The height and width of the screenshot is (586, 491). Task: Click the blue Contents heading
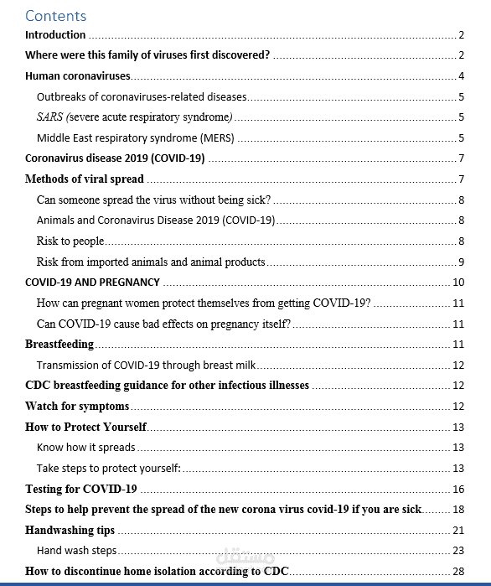pos(55,15)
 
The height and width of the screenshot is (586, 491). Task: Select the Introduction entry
pos(55,35)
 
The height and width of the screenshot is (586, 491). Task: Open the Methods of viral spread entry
pos(85,179)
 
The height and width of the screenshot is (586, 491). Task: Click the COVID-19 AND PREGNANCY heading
pos(92,283)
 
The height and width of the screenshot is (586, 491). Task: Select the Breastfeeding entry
pos(59,345)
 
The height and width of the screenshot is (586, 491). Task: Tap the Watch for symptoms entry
pos(77,407)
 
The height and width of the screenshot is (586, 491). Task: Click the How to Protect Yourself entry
pos(86,427)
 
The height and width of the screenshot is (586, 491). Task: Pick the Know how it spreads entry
pos(86,448)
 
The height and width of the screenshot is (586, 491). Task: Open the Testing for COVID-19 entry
pos(81,489)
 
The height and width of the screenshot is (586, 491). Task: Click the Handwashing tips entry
pos(70,531)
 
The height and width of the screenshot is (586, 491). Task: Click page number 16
pos(458,489)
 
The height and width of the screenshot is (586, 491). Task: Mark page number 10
pos(458,283)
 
